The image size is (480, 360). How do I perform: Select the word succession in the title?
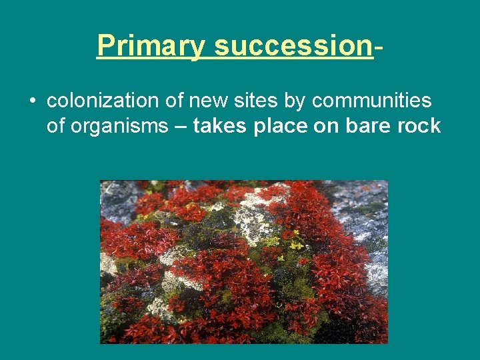click(x=293, y=46)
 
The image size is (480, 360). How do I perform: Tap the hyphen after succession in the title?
click(x=378, y=47)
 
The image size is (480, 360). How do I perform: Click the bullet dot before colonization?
click(x=31, y=102)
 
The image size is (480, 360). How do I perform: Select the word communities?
click(x=371, y=101)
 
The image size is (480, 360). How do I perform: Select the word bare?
click(x=366, y=126)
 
